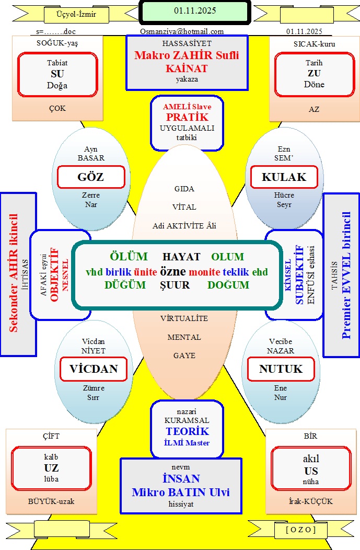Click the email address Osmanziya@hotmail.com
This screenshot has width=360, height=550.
182,31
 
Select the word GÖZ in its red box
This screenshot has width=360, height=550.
90,177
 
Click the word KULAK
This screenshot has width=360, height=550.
284,177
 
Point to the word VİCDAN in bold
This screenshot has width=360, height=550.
94,369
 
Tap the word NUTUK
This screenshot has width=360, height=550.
281,369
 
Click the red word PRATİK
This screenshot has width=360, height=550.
187,117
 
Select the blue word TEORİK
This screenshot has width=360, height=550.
187,431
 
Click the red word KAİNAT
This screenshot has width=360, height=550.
187,68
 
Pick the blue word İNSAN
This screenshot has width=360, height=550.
180,479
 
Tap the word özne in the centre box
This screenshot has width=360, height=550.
173,272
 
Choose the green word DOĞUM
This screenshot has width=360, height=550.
228,285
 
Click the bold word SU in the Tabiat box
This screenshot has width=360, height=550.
57,73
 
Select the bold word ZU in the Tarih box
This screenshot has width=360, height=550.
314,73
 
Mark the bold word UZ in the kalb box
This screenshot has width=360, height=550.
51,468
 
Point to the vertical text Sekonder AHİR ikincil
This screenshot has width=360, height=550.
15,272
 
